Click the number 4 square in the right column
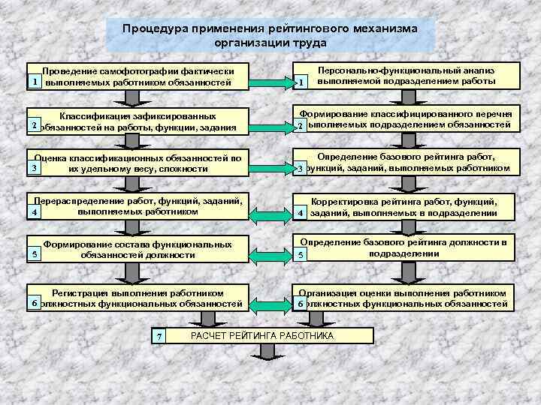[x=300, y=214]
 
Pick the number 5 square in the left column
[x=33, y=254]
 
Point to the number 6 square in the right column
[x=300, y=304]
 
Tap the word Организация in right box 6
[x=333, y=292]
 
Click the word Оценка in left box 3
[x=50, y=158]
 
